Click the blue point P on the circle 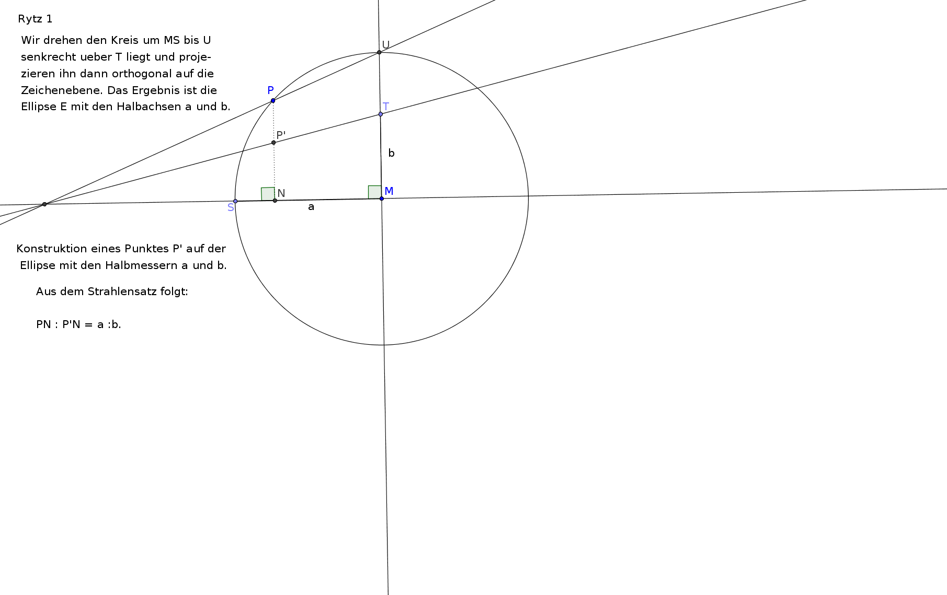273,100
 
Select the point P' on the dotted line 273,143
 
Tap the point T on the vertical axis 381,114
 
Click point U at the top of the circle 379,52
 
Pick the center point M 382,199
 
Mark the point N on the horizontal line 275,201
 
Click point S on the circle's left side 235,201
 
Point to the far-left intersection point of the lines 44,204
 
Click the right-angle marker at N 268,194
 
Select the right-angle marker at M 375,192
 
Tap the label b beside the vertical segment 391,153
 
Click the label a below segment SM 311,207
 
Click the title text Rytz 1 35,19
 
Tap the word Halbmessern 141,265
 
